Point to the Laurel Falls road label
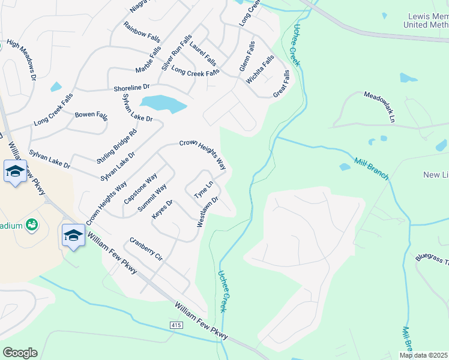(203, 53)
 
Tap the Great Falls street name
(282, 85)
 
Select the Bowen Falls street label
(90, 115)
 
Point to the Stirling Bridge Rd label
(118, 146)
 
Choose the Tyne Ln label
(203, 191)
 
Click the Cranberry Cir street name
(146, 249)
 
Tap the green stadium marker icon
(32, 225)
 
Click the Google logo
(20, 352)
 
